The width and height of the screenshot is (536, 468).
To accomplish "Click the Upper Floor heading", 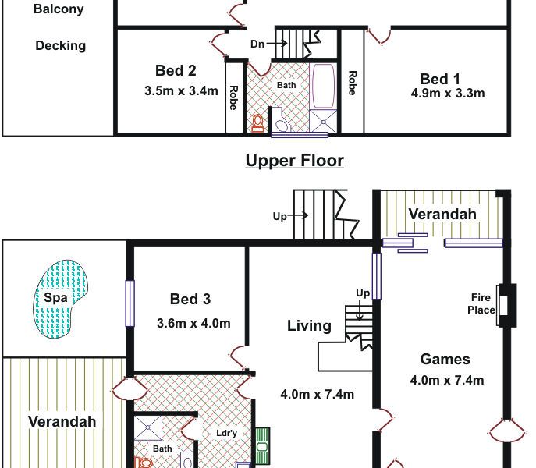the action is point(295,161).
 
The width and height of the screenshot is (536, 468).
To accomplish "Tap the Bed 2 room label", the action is point(176,71).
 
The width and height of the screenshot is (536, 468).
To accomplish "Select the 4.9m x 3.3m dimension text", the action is point(448,94).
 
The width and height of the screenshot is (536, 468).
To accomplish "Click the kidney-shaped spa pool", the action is point(61,299).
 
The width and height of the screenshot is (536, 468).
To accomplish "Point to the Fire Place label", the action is point(481,303).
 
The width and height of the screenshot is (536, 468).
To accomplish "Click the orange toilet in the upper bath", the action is point(257,123).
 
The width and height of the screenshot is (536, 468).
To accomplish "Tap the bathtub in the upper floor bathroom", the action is point(323,86).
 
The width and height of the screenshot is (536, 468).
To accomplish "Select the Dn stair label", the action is point(257,44).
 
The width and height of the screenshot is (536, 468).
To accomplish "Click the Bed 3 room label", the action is point(190,299).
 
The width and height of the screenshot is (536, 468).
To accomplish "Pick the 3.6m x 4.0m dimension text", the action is point(193,324).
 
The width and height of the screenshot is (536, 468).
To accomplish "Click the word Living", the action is point(310,326).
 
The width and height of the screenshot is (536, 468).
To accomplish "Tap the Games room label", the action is point(445,360).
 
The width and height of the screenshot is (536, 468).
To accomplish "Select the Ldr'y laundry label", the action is point(226,433).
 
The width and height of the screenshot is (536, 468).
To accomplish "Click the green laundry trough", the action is point(262,446).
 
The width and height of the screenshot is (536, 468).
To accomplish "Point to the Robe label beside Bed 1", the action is point(353,83).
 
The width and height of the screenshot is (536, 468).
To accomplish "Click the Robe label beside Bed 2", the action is point(233,97).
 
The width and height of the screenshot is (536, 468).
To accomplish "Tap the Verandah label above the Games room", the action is point(442,214).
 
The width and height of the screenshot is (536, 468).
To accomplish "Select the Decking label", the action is point(61,46).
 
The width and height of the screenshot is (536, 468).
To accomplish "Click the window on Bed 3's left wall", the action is point(130,303).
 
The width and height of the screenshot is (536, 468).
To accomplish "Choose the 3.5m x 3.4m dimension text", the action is point(181,91).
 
